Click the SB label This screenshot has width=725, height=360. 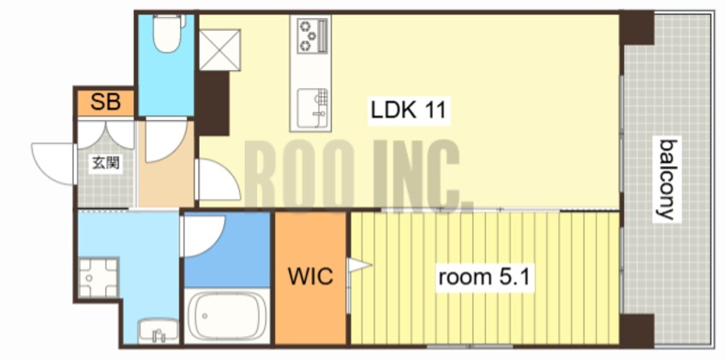click(x=105, y=102)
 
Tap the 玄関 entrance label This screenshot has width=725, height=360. click(x=106, y=163)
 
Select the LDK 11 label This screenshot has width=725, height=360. click(x=408, y=110)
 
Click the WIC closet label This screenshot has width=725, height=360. click(x=310, y=276)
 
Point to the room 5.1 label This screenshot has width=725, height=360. click(x=484, y=277)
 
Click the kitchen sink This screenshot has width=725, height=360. click(x=312, y=105)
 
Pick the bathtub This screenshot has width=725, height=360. click(x=227, y=316)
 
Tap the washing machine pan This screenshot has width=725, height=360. click(x=98, y=277)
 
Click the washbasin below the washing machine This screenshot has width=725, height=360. click(x=159, y=332)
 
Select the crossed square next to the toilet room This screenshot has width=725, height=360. click(x=219, y=50)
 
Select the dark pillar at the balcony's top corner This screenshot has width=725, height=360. click(x=637, y=28)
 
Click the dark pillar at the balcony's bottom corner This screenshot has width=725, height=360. click(x=637, y=330)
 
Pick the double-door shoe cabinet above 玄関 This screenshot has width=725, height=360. click(x=106, y=135)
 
